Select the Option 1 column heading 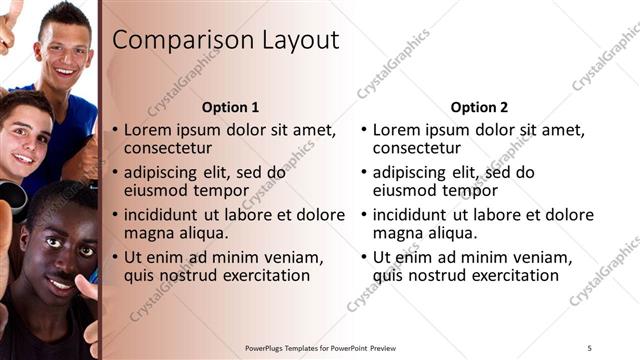230,107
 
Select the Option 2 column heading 479,107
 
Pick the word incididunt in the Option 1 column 167,214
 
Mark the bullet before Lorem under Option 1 115,131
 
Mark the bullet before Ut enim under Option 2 364,257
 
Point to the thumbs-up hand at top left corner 10,20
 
